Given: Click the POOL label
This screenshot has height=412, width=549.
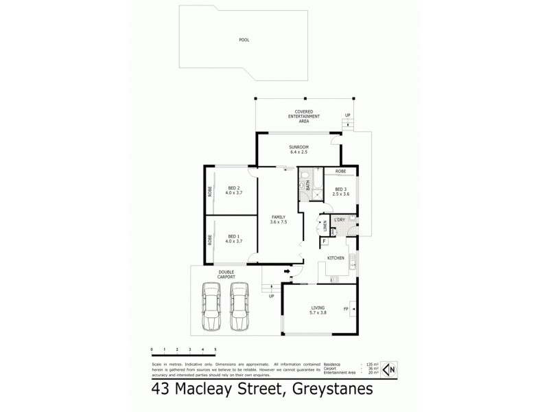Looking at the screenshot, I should click(244, 41).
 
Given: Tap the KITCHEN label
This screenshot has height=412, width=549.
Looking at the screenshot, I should click(336, 257).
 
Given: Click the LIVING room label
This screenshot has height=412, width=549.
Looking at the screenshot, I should click(317, 310).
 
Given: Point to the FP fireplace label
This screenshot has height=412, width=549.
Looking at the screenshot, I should click(346, 309).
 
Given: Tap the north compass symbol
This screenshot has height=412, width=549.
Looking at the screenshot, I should click(390, 369).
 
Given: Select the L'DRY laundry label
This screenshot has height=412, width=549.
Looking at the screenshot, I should click(340, 220).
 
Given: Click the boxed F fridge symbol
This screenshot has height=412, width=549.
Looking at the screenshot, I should click(324, 242).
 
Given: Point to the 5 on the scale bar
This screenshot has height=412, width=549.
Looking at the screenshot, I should click(215, 350).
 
